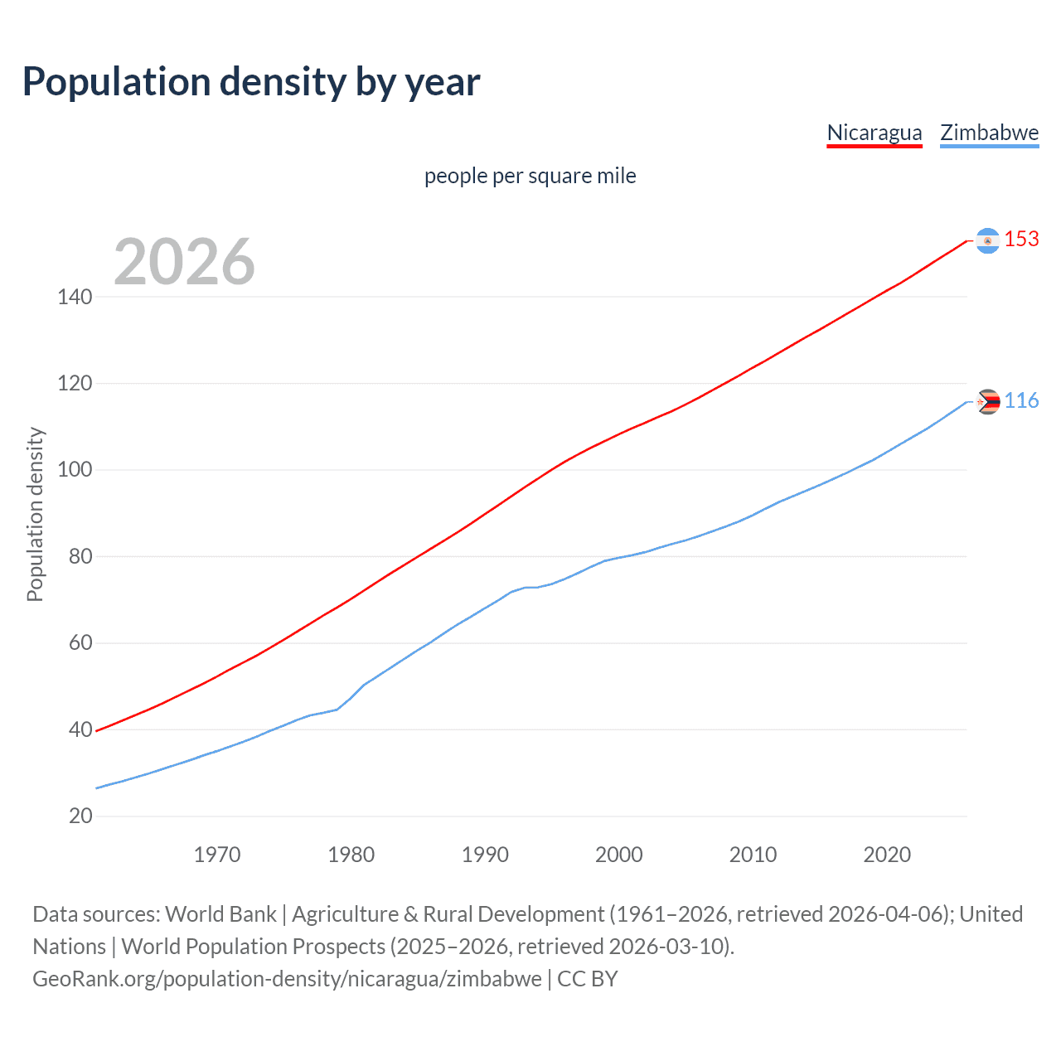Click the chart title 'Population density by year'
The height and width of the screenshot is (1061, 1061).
tap(251, 82)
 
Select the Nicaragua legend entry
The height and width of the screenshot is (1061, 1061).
tap(874, 133)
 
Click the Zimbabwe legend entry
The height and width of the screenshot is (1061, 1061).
tap(989, 133)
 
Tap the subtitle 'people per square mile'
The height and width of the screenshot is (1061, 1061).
tap(530, 176)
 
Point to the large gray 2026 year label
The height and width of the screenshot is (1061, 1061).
tap(184, 262)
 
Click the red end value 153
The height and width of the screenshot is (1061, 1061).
tap(1021, 240)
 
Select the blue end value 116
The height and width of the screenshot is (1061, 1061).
tap(1021, 401)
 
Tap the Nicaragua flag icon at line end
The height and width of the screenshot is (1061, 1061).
tap(987, 240)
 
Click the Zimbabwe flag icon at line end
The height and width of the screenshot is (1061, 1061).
tap(987, 402)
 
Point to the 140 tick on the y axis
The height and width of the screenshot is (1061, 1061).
tap(75, 297)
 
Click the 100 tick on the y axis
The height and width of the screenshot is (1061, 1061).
tap(75, 470)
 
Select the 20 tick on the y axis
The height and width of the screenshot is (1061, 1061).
tap(80, 816)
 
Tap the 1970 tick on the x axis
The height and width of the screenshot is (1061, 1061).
tap(217, 855)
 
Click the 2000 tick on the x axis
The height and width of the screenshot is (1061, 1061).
tap(619, 855)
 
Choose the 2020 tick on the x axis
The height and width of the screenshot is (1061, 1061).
tap(887, 855)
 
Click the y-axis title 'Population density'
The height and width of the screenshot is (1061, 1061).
tap(35, 514)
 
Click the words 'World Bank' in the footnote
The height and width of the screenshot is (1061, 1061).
tap(220, 914)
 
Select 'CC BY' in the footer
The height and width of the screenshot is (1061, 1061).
tap(588, 979)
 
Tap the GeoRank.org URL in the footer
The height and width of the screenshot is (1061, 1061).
tap(287, 979)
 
